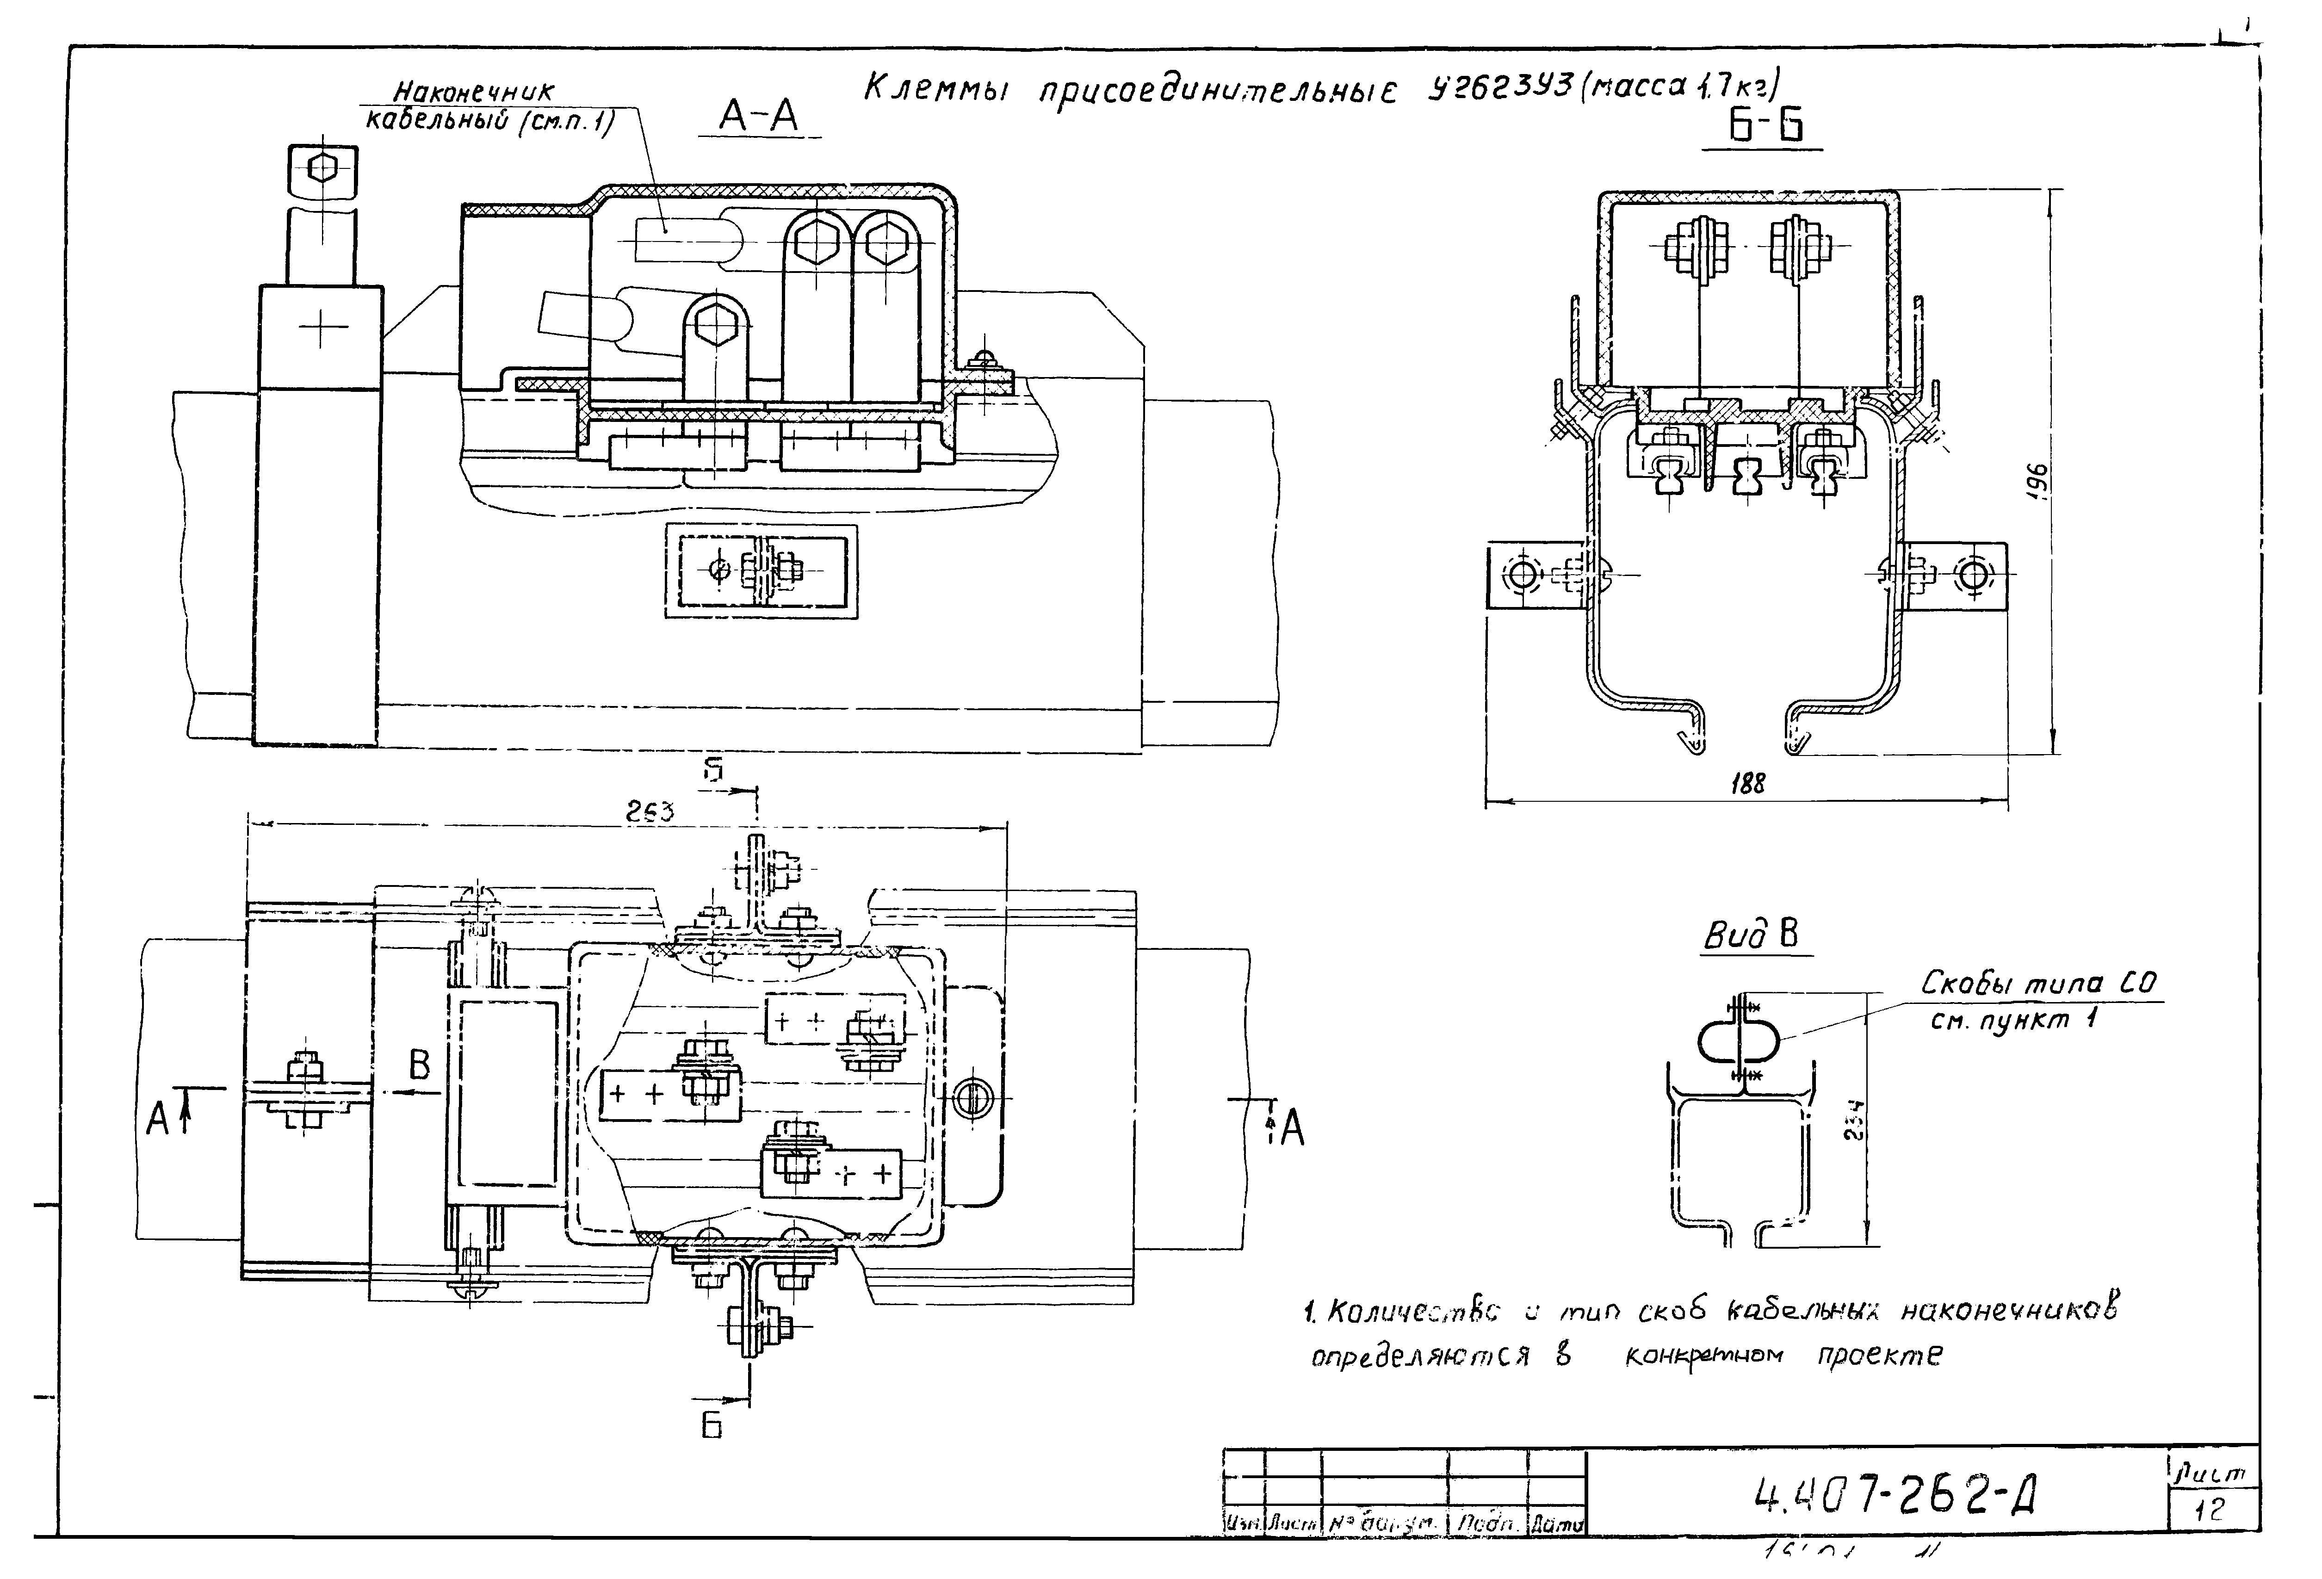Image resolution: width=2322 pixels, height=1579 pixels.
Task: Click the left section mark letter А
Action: [157, 1119]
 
